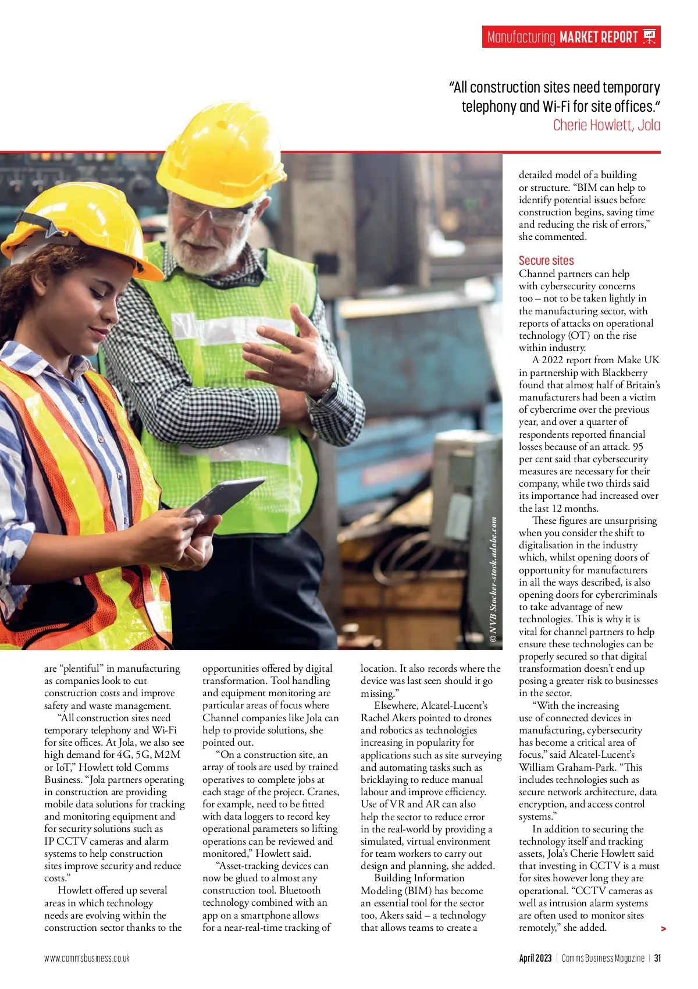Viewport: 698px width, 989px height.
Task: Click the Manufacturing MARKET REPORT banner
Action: point(562,37)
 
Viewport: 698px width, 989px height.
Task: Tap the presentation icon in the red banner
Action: point(650,37)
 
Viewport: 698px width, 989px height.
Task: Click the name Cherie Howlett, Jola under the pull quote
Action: point(606,125)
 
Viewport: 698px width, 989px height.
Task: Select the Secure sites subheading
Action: point(546,261)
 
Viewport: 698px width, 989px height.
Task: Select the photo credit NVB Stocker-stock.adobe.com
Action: point(493,580)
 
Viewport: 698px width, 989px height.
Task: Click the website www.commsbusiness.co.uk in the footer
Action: point(87,958)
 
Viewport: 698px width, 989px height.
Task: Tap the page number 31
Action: point(657,958)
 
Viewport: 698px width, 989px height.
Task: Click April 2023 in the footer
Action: point(535,958)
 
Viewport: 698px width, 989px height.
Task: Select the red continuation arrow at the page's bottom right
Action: point(663,929)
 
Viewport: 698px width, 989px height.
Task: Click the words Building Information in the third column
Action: point(419,878)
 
